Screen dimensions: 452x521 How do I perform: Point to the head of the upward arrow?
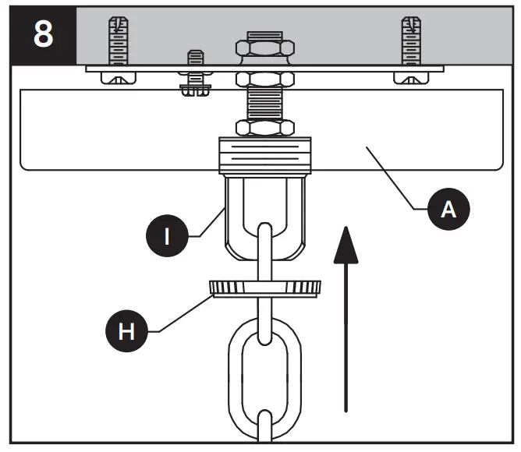344,238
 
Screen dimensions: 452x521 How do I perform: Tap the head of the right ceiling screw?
411,77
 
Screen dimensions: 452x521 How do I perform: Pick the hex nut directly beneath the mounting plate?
266,79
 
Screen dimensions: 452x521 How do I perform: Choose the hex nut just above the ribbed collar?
266,127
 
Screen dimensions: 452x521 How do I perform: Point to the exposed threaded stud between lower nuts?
266,103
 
